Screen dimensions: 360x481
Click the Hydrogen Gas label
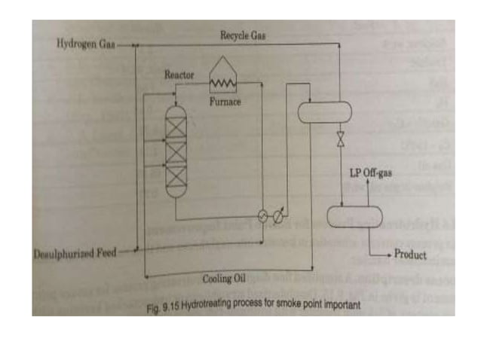85,44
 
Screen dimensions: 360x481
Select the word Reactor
179,75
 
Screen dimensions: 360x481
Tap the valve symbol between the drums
342,140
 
